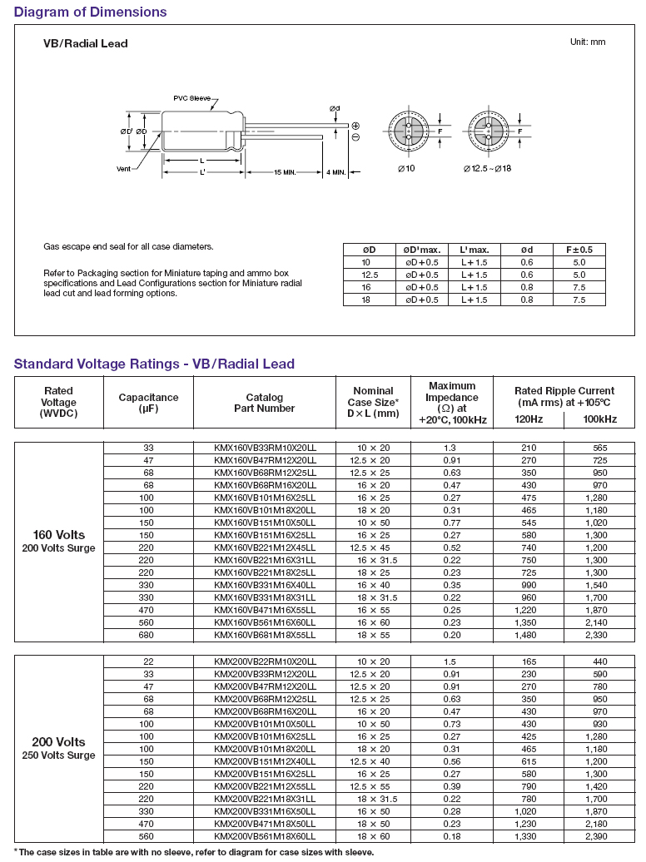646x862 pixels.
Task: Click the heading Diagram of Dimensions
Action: point(90,12)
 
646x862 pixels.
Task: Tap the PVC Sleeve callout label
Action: point(192,98)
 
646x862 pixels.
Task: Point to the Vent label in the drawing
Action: point(124,169)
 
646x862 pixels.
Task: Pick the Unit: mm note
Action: point(588,42)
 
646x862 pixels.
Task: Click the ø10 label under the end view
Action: point(406,169)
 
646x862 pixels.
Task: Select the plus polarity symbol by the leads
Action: point(355,125)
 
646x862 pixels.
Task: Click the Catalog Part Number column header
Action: point(265,403)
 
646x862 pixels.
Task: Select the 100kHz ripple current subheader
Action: point(601,419)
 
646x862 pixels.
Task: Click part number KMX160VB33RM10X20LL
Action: point(265,448)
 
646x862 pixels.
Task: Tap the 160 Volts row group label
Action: point(58,534)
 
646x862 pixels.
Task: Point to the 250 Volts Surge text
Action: point(58,755)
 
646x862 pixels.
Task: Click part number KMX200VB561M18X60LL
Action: point(265,837)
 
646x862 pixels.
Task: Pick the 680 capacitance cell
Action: point(148,634)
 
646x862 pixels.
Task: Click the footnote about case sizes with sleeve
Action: point(195,852)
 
